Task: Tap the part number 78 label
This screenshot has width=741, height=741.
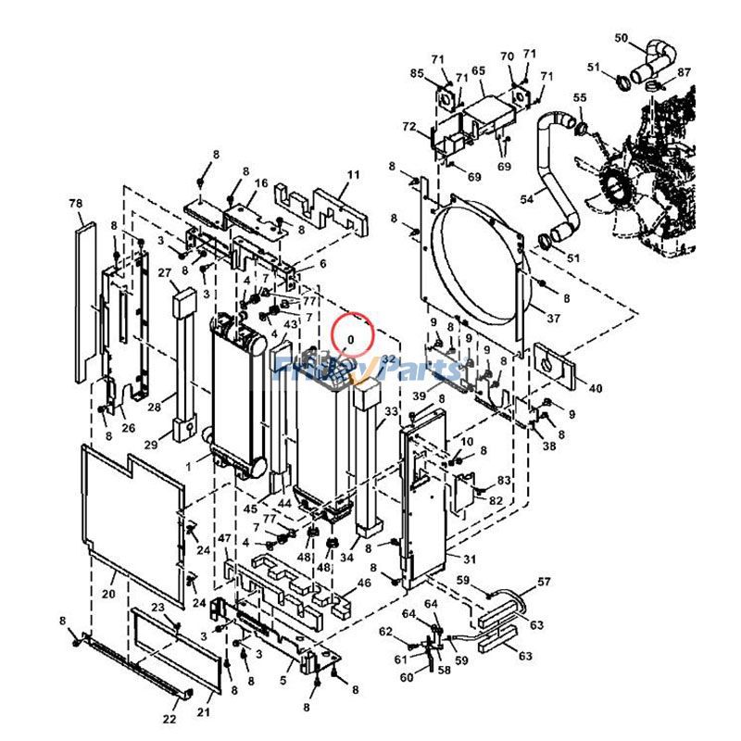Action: [76, 203]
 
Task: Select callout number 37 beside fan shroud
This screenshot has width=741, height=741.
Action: [553, 319]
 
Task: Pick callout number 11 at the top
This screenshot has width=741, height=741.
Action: [353, 174]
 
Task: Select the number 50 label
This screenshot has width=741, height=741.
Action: [622, 38]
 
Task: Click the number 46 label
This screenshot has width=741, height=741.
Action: [364, 583]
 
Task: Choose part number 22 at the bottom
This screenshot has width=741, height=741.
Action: [170, 719]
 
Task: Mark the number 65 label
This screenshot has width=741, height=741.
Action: [478, 70]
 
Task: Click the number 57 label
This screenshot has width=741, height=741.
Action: [544, 583]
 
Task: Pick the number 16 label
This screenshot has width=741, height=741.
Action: [261, 183]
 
